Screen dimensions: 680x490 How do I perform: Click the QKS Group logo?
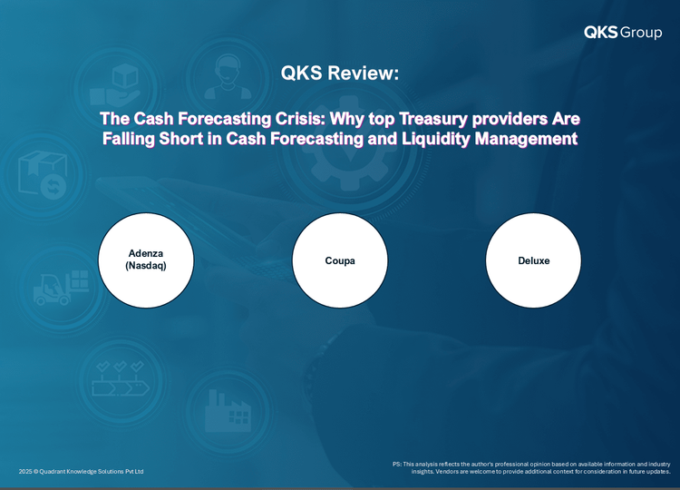coord(623,32)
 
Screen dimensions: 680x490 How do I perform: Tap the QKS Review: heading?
coord(340,73)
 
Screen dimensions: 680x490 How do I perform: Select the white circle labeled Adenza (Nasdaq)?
coord(146,260)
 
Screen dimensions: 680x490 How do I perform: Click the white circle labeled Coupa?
coord(340,260)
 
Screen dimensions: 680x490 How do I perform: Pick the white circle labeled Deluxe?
coord(533,260)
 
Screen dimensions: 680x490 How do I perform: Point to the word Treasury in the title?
coord(433,119)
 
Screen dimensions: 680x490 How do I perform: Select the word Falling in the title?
coord(129,139)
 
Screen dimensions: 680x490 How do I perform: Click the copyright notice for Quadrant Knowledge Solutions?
coord(81,471)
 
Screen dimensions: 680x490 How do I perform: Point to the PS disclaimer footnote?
coord(531,467)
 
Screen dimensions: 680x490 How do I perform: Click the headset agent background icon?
coord(228,77)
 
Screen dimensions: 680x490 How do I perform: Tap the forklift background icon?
coord(62,288)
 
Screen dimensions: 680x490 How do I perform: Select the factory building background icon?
coord(228,410)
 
